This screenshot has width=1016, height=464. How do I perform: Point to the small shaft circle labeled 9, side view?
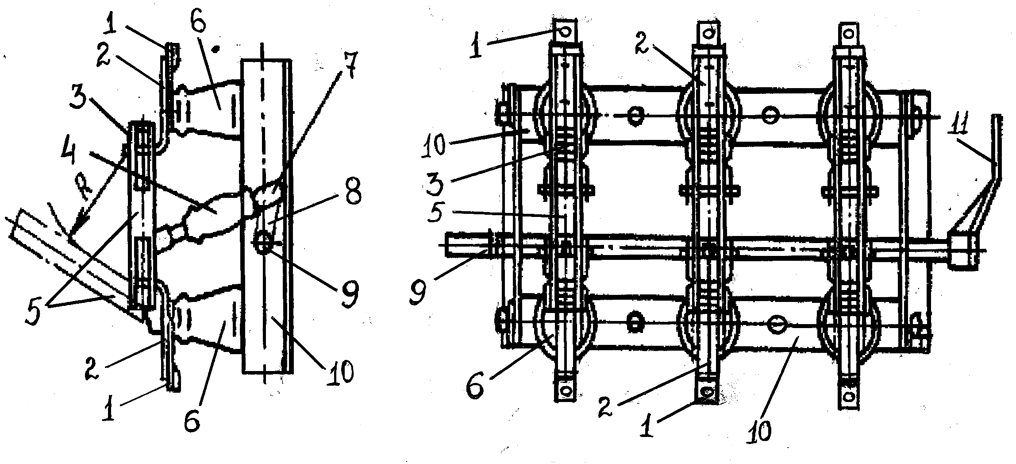[263, 243]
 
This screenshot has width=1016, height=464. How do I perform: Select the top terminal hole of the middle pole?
[709, 33]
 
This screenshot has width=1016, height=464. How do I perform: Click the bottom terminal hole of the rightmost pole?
[848, 394]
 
